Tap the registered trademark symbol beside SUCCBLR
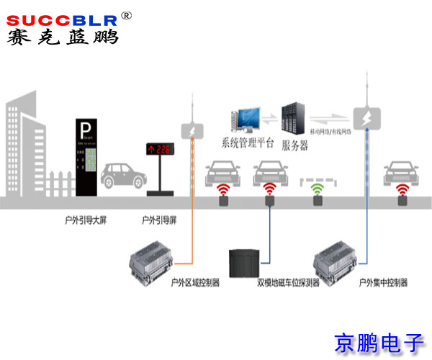[x=126, y=14]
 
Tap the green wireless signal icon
[x=317, y=191]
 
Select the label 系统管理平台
[x=247, y=143]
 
